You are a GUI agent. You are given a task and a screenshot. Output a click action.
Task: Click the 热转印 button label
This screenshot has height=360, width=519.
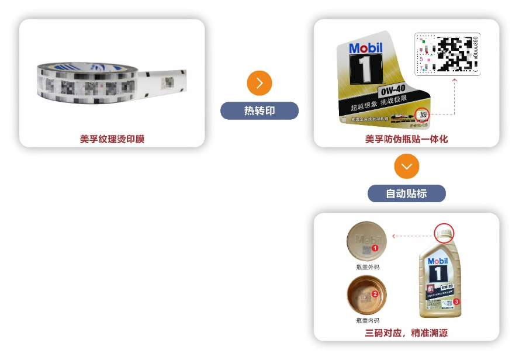click(259, 110)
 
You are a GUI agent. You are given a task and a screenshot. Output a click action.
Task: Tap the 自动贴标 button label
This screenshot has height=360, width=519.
click(407, 193)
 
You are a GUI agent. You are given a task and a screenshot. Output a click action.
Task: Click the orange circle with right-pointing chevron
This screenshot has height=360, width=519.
click(259, 83)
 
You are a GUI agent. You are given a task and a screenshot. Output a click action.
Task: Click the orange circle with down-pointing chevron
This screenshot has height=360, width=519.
click(407, 167)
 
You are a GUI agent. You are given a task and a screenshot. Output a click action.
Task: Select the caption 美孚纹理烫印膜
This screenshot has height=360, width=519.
click(112, 139)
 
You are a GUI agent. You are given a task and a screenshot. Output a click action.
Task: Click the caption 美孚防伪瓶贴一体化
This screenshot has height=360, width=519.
click(407, 139)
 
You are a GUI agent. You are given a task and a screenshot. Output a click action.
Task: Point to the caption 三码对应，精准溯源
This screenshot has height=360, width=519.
click(407, 333)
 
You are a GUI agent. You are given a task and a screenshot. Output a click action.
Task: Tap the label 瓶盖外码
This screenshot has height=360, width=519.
click(368, 267)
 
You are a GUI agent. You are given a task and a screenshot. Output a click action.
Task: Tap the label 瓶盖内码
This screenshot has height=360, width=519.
click(368, 320)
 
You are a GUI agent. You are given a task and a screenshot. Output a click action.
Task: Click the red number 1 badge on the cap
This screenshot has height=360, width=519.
click(375, 248)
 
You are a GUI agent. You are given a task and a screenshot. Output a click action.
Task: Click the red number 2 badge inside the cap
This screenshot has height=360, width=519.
click(375, 294)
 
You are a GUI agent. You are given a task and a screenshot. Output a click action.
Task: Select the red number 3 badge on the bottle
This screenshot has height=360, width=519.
click(457, 302)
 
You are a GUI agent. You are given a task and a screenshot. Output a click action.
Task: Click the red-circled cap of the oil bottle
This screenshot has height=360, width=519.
click(444, 233)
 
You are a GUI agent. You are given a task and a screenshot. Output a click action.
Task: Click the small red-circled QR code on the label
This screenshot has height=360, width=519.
click(423, 115)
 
